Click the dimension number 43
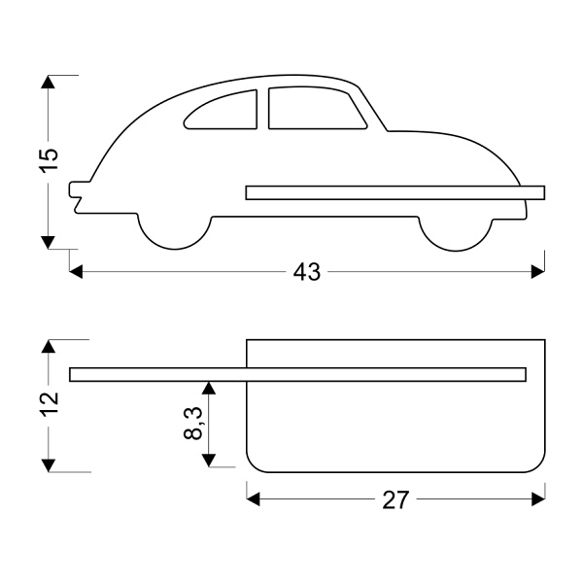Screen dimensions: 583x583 click(307, 272)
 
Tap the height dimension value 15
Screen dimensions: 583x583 click(49, 160)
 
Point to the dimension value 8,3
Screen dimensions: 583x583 click(193, 424)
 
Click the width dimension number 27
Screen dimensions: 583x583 click(395, 500)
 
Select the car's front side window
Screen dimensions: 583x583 click(316, 108)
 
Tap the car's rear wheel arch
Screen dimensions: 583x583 click(175, 232)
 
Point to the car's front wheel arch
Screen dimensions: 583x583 click(456, 234)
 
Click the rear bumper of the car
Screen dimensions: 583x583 click(75, 196)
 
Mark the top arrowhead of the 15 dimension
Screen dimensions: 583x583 click(48, 82)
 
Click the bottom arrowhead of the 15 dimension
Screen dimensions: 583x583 click(48, 242)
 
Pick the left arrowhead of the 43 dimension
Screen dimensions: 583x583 click(76, 272)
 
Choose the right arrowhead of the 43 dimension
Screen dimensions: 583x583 click(538, 272)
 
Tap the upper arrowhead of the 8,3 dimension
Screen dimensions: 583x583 click(209, 388)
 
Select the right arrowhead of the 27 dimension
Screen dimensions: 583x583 click(538, 499)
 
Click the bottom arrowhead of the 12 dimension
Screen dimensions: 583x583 click(49, 465)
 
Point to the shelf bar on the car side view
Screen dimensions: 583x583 click(395, 192)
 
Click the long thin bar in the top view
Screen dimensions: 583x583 click(298, 374)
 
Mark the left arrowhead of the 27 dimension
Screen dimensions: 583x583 click(254, 499)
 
